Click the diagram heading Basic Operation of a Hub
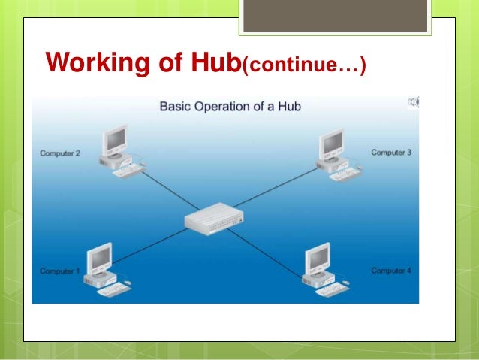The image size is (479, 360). (230, 106)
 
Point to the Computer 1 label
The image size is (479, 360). (59, 271)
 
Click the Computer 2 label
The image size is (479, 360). (59, 153)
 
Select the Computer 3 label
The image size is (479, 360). (391, 153)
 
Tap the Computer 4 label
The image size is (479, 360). (391, 270)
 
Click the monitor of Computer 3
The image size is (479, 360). (331, 141)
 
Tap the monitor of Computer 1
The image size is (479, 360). (100, 257)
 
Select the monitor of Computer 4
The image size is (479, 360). (318, 258)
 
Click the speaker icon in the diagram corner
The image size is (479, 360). (414, 102)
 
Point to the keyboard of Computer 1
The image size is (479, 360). (114, 289)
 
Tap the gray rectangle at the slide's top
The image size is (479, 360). (336, 16)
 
